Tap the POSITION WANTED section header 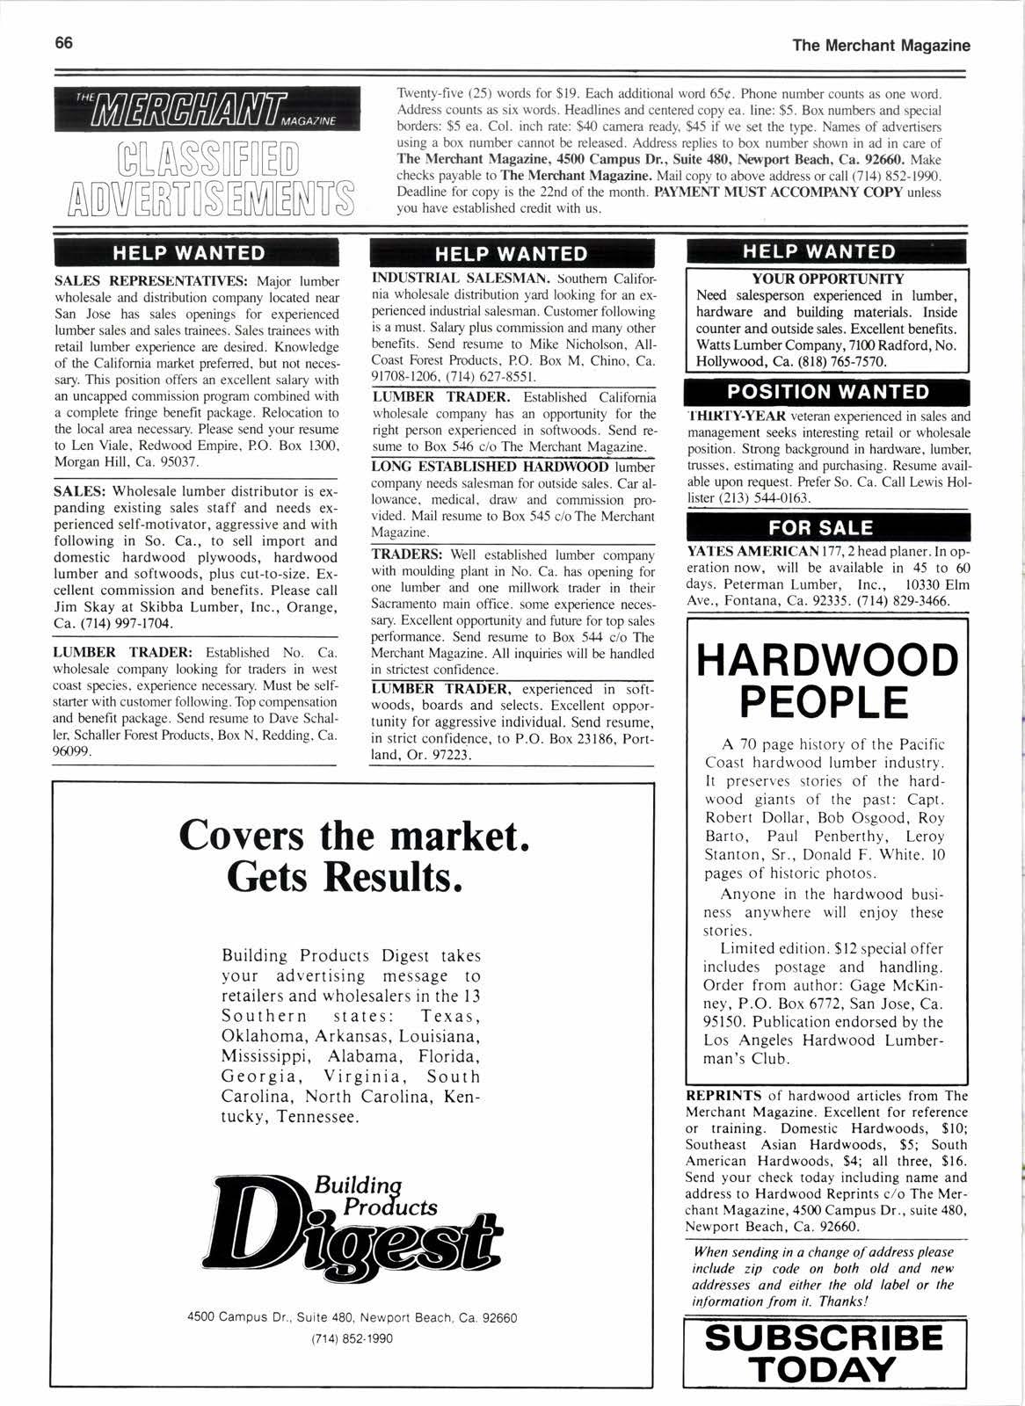coord(827,392)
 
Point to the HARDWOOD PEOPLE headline coord(824,679)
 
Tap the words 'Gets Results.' coord(344,875)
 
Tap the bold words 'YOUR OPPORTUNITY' coord(826,279)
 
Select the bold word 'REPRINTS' coord(723,1096)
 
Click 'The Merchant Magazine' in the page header coord(881,45)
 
